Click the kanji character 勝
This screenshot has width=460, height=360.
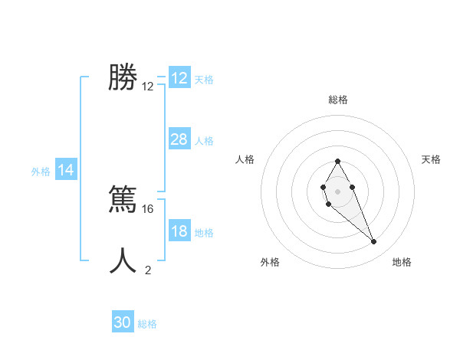click(x=123, y=77)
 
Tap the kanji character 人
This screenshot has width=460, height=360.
click(x=123, y=260)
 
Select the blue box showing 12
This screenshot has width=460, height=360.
click(x=179, y=78)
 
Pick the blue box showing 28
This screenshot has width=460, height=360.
click(x=179, y=139)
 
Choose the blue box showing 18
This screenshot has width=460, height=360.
click(x=179, y=231)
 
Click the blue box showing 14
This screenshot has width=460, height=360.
click(x=66, y=171)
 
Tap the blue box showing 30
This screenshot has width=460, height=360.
click(x=123, y=322)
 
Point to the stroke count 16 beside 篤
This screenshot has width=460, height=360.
click(x=149, y=208)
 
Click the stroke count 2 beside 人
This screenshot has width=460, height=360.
click(x=148, y=270)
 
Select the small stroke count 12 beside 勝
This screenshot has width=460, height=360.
click(x=148, y=87)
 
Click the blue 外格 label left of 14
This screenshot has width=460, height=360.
click(x=41, y=172)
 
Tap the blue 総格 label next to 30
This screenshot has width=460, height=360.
click(x=147, y=324)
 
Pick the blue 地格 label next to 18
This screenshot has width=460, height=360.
click(x=204, y=233)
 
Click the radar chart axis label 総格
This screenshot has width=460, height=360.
click(x=337, y=100)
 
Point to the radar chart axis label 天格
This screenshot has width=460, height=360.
click(x=432, y=159)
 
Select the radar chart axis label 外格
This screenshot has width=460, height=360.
click(x=269, y=262)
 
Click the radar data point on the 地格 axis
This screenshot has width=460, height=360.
click(x=374, y=242)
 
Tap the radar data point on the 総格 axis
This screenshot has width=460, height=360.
click(x=337, y=161)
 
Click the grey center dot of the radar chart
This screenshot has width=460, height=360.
click(x=337, y=191)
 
